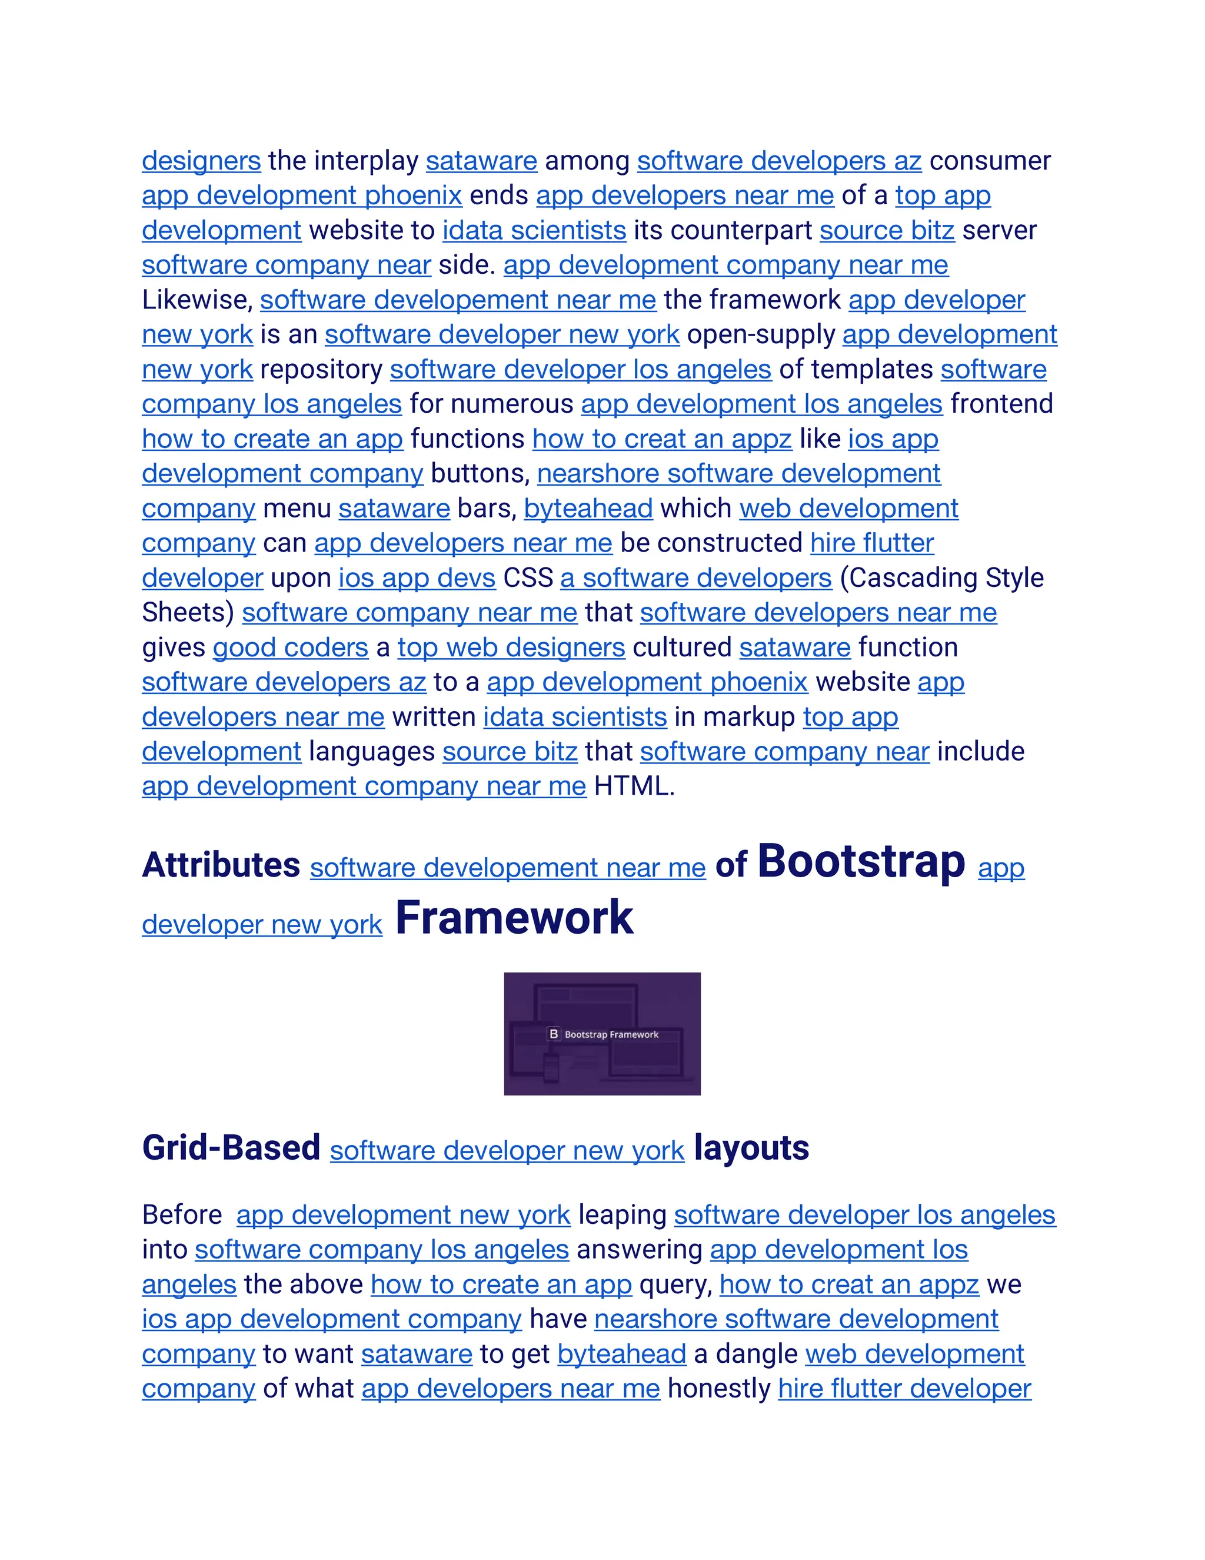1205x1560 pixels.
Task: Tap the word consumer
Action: point(990,161)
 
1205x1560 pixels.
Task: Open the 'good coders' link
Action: point(291,648)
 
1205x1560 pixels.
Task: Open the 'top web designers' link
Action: point(511,648)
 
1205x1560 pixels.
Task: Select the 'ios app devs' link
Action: point(417,579)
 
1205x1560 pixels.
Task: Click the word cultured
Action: point(682,648)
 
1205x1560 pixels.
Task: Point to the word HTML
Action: point(633,786)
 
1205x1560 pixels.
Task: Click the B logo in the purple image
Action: point(553,1034)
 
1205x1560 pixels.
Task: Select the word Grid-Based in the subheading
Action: point(231,1149)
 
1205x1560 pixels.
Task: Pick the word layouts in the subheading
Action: point(751,1149)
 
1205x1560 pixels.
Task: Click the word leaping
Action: point(622,1215)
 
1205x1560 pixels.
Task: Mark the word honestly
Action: point(718,1389)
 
